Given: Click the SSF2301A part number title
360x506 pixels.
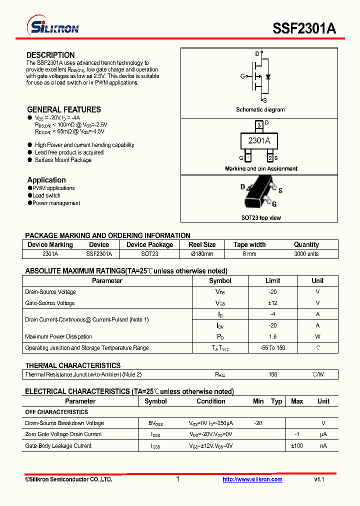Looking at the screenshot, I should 304,28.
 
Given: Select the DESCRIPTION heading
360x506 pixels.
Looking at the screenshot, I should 50,55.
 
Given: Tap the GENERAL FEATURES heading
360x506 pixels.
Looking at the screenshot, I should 63,109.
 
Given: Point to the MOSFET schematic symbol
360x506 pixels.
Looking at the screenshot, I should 259,76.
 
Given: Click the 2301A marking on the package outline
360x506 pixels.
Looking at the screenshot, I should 259,141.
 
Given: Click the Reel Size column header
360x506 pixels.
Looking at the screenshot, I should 202,244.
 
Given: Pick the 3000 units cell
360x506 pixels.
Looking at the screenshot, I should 306,254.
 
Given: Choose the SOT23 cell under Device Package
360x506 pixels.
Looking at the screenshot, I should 149,254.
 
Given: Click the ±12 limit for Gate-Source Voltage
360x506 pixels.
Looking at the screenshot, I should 272,303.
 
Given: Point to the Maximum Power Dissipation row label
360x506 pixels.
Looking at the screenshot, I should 58,336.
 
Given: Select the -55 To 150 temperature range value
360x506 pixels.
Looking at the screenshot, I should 272,348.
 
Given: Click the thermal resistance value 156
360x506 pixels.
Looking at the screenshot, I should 272,374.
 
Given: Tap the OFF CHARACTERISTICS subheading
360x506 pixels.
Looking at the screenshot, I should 56,412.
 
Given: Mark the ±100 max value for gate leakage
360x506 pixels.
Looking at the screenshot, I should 297,445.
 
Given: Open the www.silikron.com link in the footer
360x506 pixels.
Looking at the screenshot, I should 252,479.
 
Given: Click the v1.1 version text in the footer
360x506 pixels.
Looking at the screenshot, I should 319,479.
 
